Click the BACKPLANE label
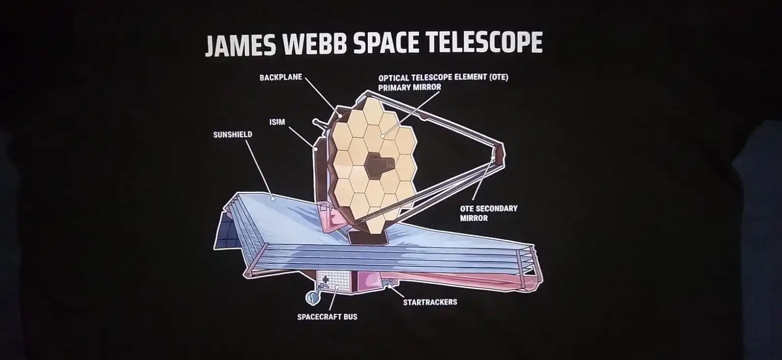pos(281,78)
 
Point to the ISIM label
pos(277,122)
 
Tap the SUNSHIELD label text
pos(232,134)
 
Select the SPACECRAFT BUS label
pos(327,317)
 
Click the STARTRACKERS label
pos(430,302)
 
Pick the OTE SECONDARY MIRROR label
pos(488,213)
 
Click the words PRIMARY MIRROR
pos(410,87)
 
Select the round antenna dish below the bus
pos(311,296)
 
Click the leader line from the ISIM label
pos(302,135)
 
